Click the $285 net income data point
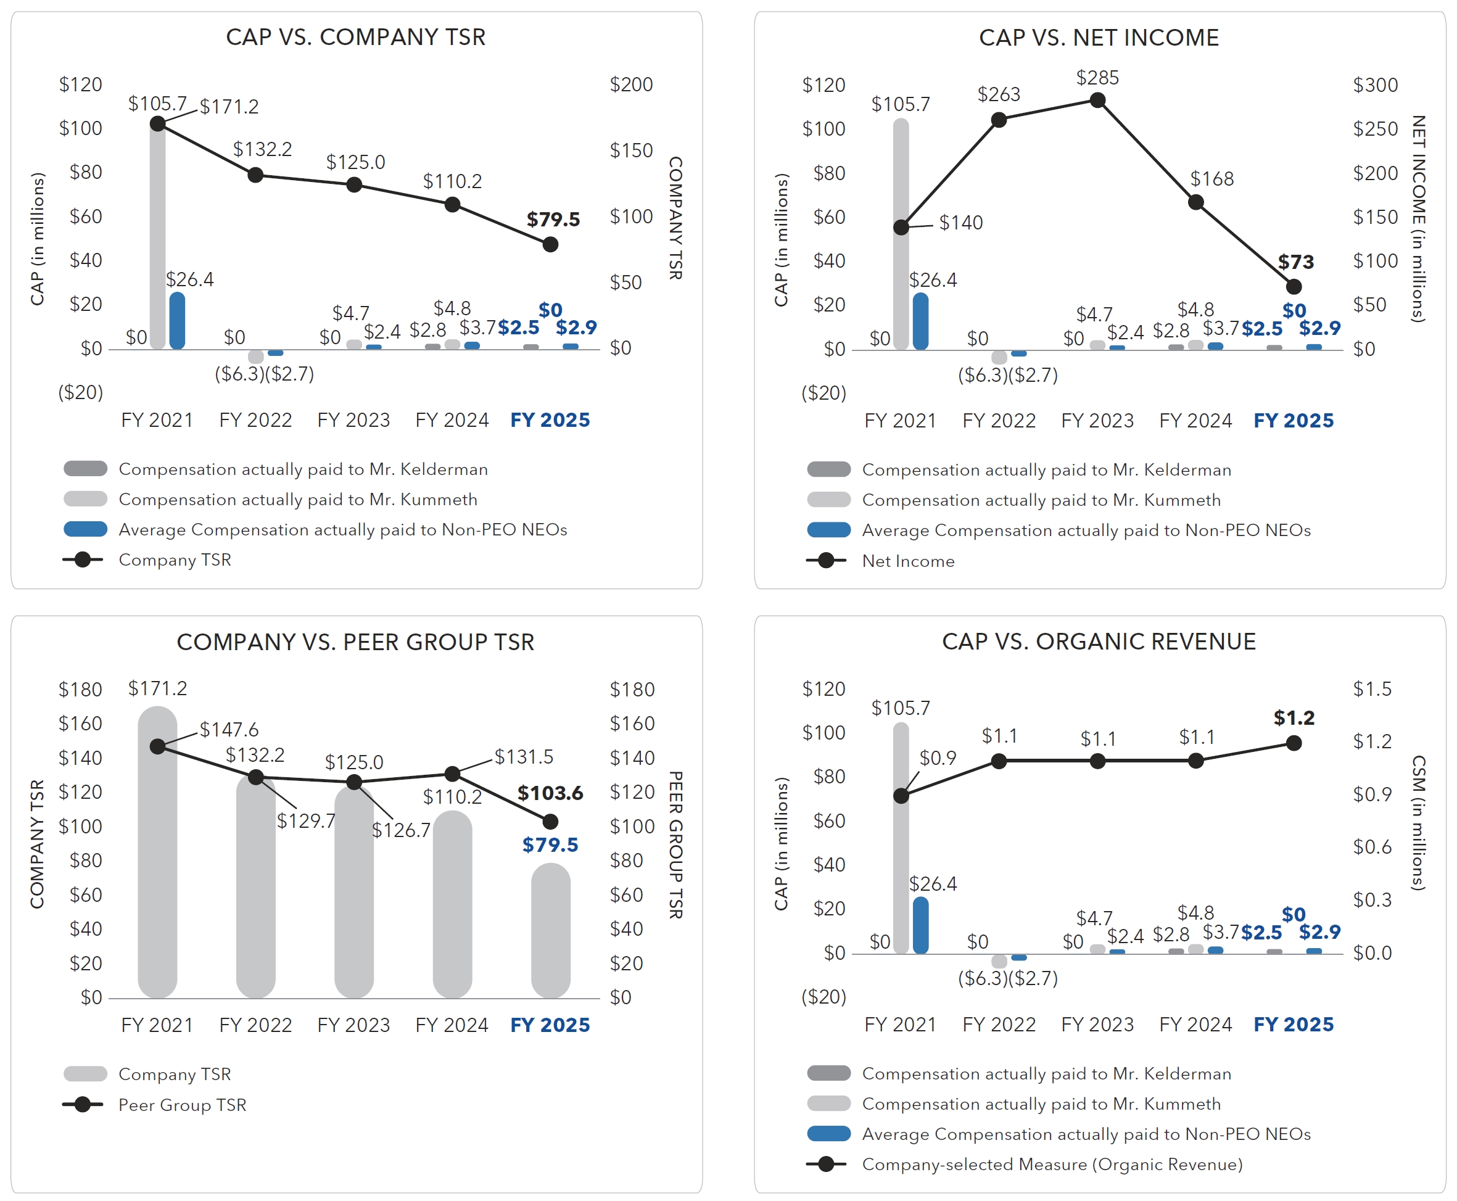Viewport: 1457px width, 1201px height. point(1097,101)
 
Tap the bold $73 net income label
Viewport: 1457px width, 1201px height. point(1295,262)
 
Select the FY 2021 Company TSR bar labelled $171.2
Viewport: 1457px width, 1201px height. point(157,851)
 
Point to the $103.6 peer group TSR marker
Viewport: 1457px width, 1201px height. point(550,821)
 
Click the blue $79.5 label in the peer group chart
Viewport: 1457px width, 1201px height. point(550,844)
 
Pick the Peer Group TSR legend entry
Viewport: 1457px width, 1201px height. point(181,1105)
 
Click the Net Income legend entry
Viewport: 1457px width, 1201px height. point(907,561)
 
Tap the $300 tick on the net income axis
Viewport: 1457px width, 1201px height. point(1376,85)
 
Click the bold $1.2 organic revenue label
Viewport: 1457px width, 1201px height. point(1294,718)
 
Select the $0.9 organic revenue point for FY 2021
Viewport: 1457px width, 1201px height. point(901,796)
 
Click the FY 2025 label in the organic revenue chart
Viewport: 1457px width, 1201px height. point(1294,1025)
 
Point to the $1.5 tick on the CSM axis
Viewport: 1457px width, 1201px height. point(1372,689)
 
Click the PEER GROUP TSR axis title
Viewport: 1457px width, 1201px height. point(676,844)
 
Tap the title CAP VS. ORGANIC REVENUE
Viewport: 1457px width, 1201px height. point(1099,642)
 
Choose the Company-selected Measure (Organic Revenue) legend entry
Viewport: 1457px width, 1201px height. point(1052,1165)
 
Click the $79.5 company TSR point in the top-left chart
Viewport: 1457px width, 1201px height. point(550,244)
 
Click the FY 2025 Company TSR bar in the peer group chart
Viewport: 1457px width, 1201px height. point(550,930)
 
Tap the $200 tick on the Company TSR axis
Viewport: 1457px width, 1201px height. point(631,85)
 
